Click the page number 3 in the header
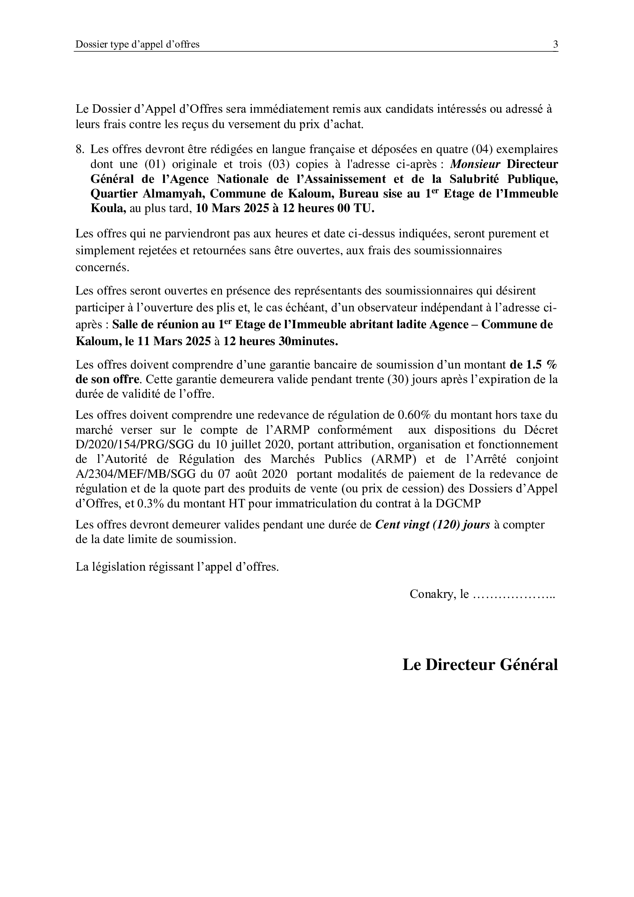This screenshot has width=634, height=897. coord(555,44)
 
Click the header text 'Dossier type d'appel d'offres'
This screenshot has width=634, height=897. coord(138,44)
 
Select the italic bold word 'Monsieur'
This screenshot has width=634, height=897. coord(475,164)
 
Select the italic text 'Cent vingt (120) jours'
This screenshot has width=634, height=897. coord(432,525)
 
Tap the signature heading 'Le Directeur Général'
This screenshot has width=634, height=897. coord(480,665)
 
